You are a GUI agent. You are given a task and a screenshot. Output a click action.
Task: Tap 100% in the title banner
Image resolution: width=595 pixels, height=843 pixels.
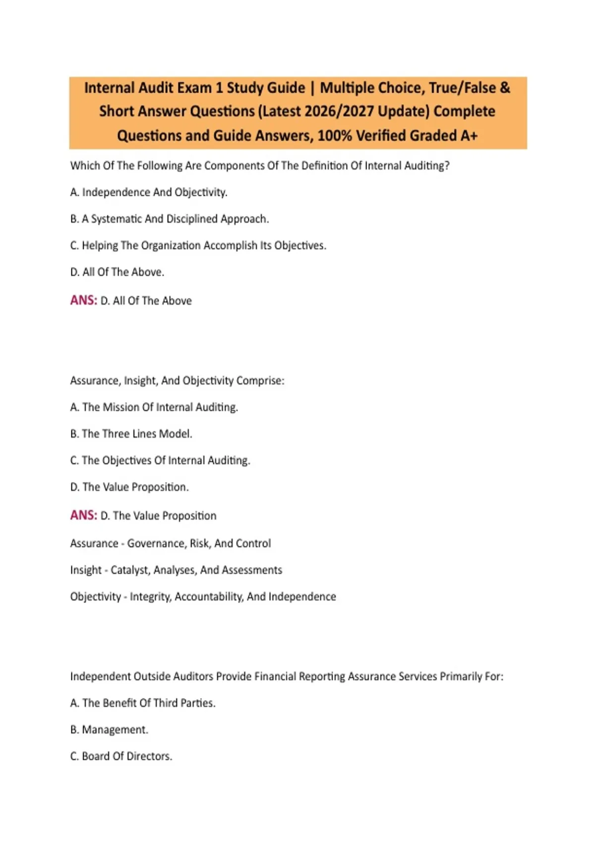[x=335, y=135]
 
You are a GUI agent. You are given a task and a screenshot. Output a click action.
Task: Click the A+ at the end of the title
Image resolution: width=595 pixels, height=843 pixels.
[x=469, y=135]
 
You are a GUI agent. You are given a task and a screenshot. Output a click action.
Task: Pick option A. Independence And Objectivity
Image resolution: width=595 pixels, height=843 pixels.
[x=149, y=192]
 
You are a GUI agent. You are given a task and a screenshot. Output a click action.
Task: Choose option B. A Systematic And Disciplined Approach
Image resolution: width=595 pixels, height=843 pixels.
[x=170, y=219]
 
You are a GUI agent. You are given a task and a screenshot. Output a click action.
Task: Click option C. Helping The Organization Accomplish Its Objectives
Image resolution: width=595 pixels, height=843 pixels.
[x=198, y=245]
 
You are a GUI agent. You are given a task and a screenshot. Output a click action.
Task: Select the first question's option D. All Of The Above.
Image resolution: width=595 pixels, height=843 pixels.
[x=117, y=272]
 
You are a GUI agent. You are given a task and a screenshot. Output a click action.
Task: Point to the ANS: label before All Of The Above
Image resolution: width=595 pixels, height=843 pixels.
[x=83, y=301]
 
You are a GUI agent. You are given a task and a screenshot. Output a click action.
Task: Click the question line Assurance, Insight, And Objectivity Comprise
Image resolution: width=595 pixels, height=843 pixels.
[x=177, y=381]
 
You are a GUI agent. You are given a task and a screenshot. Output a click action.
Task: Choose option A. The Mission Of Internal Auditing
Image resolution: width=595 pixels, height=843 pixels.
[x=154, y=407]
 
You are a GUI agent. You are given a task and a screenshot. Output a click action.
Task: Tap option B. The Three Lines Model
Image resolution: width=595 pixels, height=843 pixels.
[x=131, y=434]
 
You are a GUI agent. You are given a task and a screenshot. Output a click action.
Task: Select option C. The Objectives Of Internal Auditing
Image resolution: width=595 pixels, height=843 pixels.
[x=160, y=461]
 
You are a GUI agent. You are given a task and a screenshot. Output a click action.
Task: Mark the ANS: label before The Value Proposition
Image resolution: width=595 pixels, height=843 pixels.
[x=83, y=516]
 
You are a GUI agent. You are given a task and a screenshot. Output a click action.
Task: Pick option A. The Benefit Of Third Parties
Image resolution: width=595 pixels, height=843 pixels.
[x=143, y=703]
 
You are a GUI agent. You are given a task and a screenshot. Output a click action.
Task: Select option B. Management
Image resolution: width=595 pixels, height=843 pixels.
[x=109, y=730]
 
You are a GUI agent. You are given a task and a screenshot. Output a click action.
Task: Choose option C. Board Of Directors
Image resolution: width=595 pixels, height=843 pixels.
[x=121, y=756]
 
